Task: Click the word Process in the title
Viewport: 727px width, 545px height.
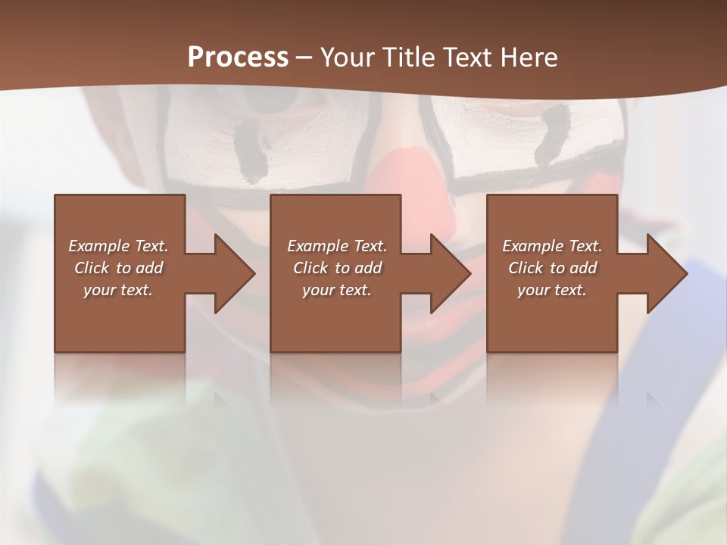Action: click(238, 58)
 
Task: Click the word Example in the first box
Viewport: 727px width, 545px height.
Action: click(99, 246)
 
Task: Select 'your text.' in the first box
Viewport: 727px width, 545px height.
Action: click(118, 290)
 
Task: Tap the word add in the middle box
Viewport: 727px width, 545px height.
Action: click(368, 268)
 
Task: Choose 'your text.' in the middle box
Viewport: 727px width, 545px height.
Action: click(336, 290)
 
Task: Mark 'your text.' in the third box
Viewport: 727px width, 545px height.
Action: click(551, 290)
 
